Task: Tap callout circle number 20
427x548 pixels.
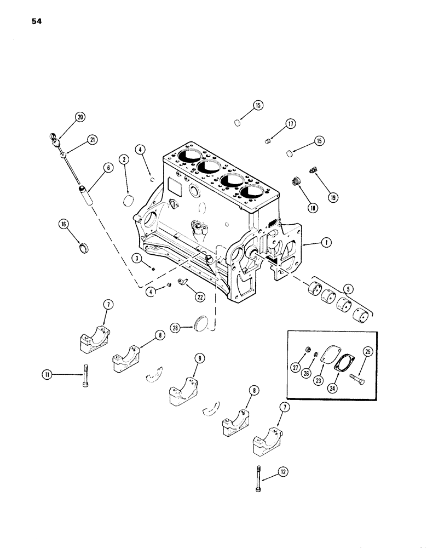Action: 80,117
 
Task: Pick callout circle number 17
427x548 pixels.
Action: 290,124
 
